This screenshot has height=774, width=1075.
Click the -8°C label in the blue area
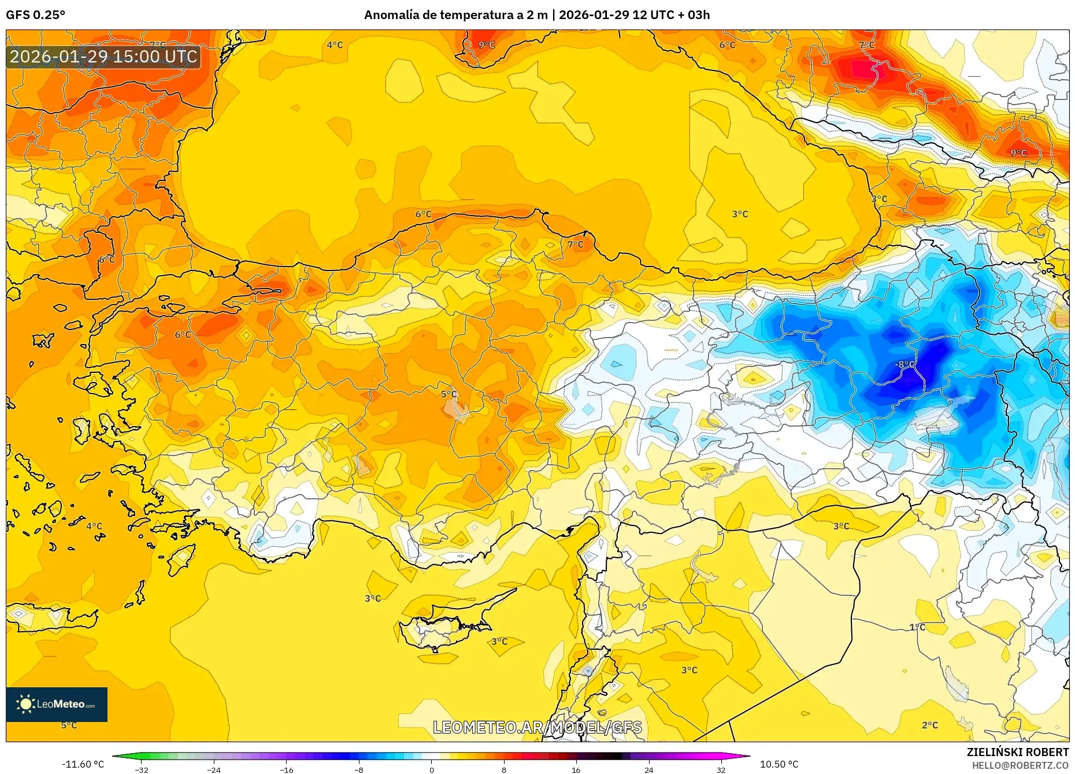point(905,364)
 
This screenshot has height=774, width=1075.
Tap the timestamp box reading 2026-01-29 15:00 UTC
point(103,57)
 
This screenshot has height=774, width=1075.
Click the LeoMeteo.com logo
point(57,704)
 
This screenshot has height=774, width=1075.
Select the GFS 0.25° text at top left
point(35,15)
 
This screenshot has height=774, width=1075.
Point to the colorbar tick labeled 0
point(431,769)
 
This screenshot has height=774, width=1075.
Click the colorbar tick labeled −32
point(142,769)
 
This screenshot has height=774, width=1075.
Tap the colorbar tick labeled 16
point(576,769)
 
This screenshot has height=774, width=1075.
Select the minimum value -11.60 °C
point(83,764)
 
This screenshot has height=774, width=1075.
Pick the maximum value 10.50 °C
point(779,764)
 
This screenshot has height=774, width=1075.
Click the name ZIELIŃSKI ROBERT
point(1017,752)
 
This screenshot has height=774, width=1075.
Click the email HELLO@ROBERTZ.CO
point(1020,765)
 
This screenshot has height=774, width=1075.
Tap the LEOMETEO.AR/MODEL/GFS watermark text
point(537,727)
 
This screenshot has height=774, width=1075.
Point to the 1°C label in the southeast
point(917,627)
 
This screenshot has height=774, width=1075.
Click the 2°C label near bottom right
point(930,725)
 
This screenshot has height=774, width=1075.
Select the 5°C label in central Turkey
point(448,394)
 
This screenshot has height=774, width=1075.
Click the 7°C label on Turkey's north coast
point(575,245)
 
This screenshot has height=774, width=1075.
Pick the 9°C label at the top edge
point(487,45)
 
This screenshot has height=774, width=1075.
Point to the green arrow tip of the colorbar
point(114,756)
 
